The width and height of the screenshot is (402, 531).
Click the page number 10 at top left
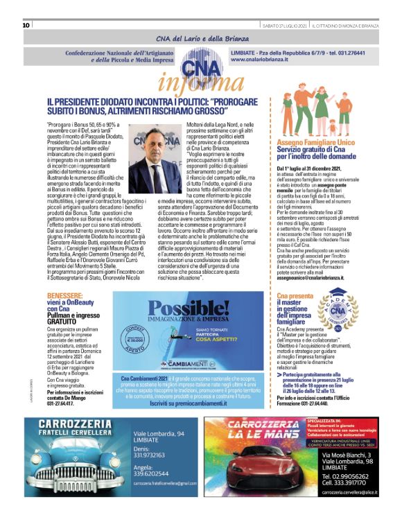[26, 25]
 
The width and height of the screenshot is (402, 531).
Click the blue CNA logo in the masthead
[200, 67]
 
